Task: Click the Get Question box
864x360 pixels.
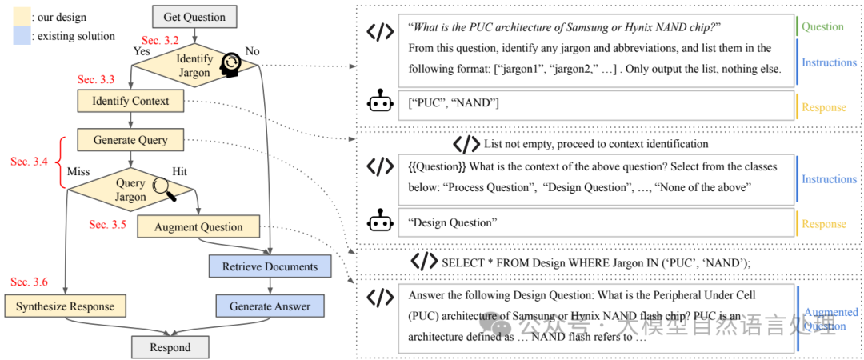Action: (194, 16)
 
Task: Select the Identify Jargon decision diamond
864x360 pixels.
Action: (194, 66)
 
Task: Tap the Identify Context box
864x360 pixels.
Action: (130, 101)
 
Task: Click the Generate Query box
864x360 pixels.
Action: (130, 140)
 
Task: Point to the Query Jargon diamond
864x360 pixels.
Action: (130, 190)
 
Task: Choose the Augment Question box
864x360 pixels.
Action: (199, 226)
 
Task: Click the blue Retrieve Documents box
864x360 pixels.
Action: (270, 266)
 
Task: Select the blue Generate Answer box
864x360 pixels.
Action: (270, 306)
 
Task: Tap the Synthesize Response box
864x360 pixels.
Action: (65, 306)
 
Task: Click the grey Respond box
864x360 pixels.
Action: (170, 347)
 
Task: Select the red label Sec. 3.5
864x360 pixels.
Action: (108, 225)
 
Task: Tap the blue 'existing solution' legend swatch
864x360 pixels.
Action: (22, 36)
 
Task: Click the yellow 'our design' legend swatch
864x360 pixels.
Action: (22, 17)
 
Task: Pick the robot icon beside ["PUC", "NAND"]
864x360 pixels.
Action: (380, 104)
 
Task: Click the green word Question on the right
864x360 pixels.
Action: (823, 26)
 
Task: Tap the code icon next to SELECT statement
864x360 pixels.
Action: (424, 262)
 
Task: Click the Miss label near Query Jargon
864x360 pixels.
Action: (78, 171)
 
